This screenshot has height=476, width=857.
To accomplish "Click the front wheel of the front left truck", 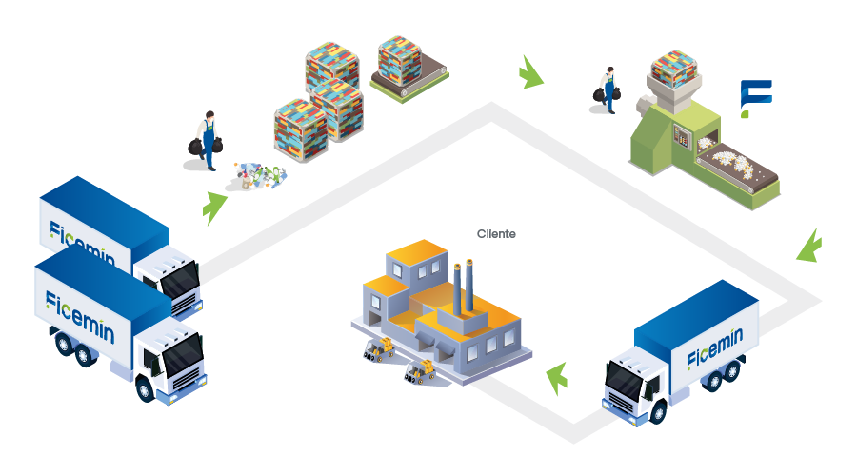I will (146, 389).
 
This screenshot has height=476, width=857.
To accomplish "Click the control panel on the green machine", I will (682, 136).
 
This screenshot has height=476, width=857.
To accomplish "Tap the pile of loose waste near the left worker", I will (257, 175).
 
